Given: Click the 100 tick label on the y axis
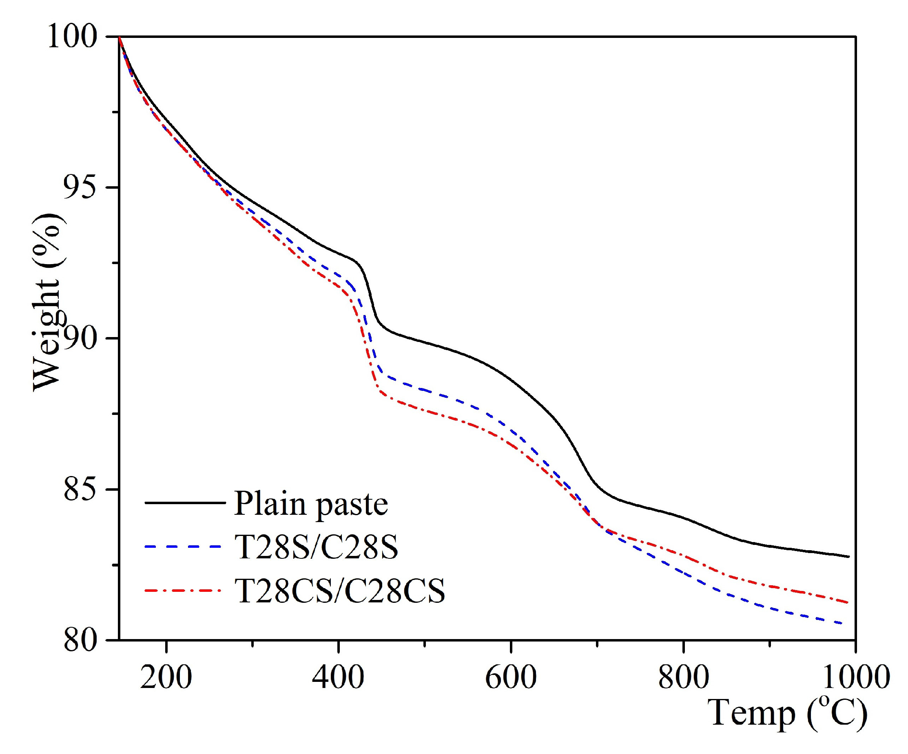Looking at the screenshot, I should coord(72,36).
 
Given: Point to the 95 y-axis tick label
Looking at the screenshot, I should coord(80,187).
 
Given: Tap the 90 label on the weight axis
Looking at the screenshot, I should coord(80,338).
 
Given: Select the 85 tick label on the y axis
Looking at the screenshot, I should coord(80,489).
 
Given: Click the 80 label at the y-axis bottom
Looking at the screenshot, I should coord(80,640).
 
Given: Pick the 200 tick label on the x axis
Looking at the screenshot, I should coord(166,677).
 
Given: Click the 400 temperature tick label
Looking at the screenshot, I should coord(338,677).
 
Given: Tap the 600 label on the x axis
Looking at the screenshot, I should coord(511,677).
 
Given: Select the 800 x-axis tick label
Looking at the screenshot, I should coord(683,677).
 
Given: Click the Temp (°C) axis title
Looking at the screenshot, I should coord(787,714).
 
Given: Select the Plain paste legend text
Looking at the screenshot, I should coord(310,504).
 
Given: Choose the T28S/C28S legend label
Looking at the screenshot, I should coord(316,547).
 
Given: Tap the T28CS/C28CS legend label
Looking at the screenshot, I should coord(339,590).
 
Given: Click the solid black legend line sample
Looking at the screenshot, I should coord(185,503).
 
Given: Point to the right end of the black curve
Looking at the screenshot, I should coord(849,557).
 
